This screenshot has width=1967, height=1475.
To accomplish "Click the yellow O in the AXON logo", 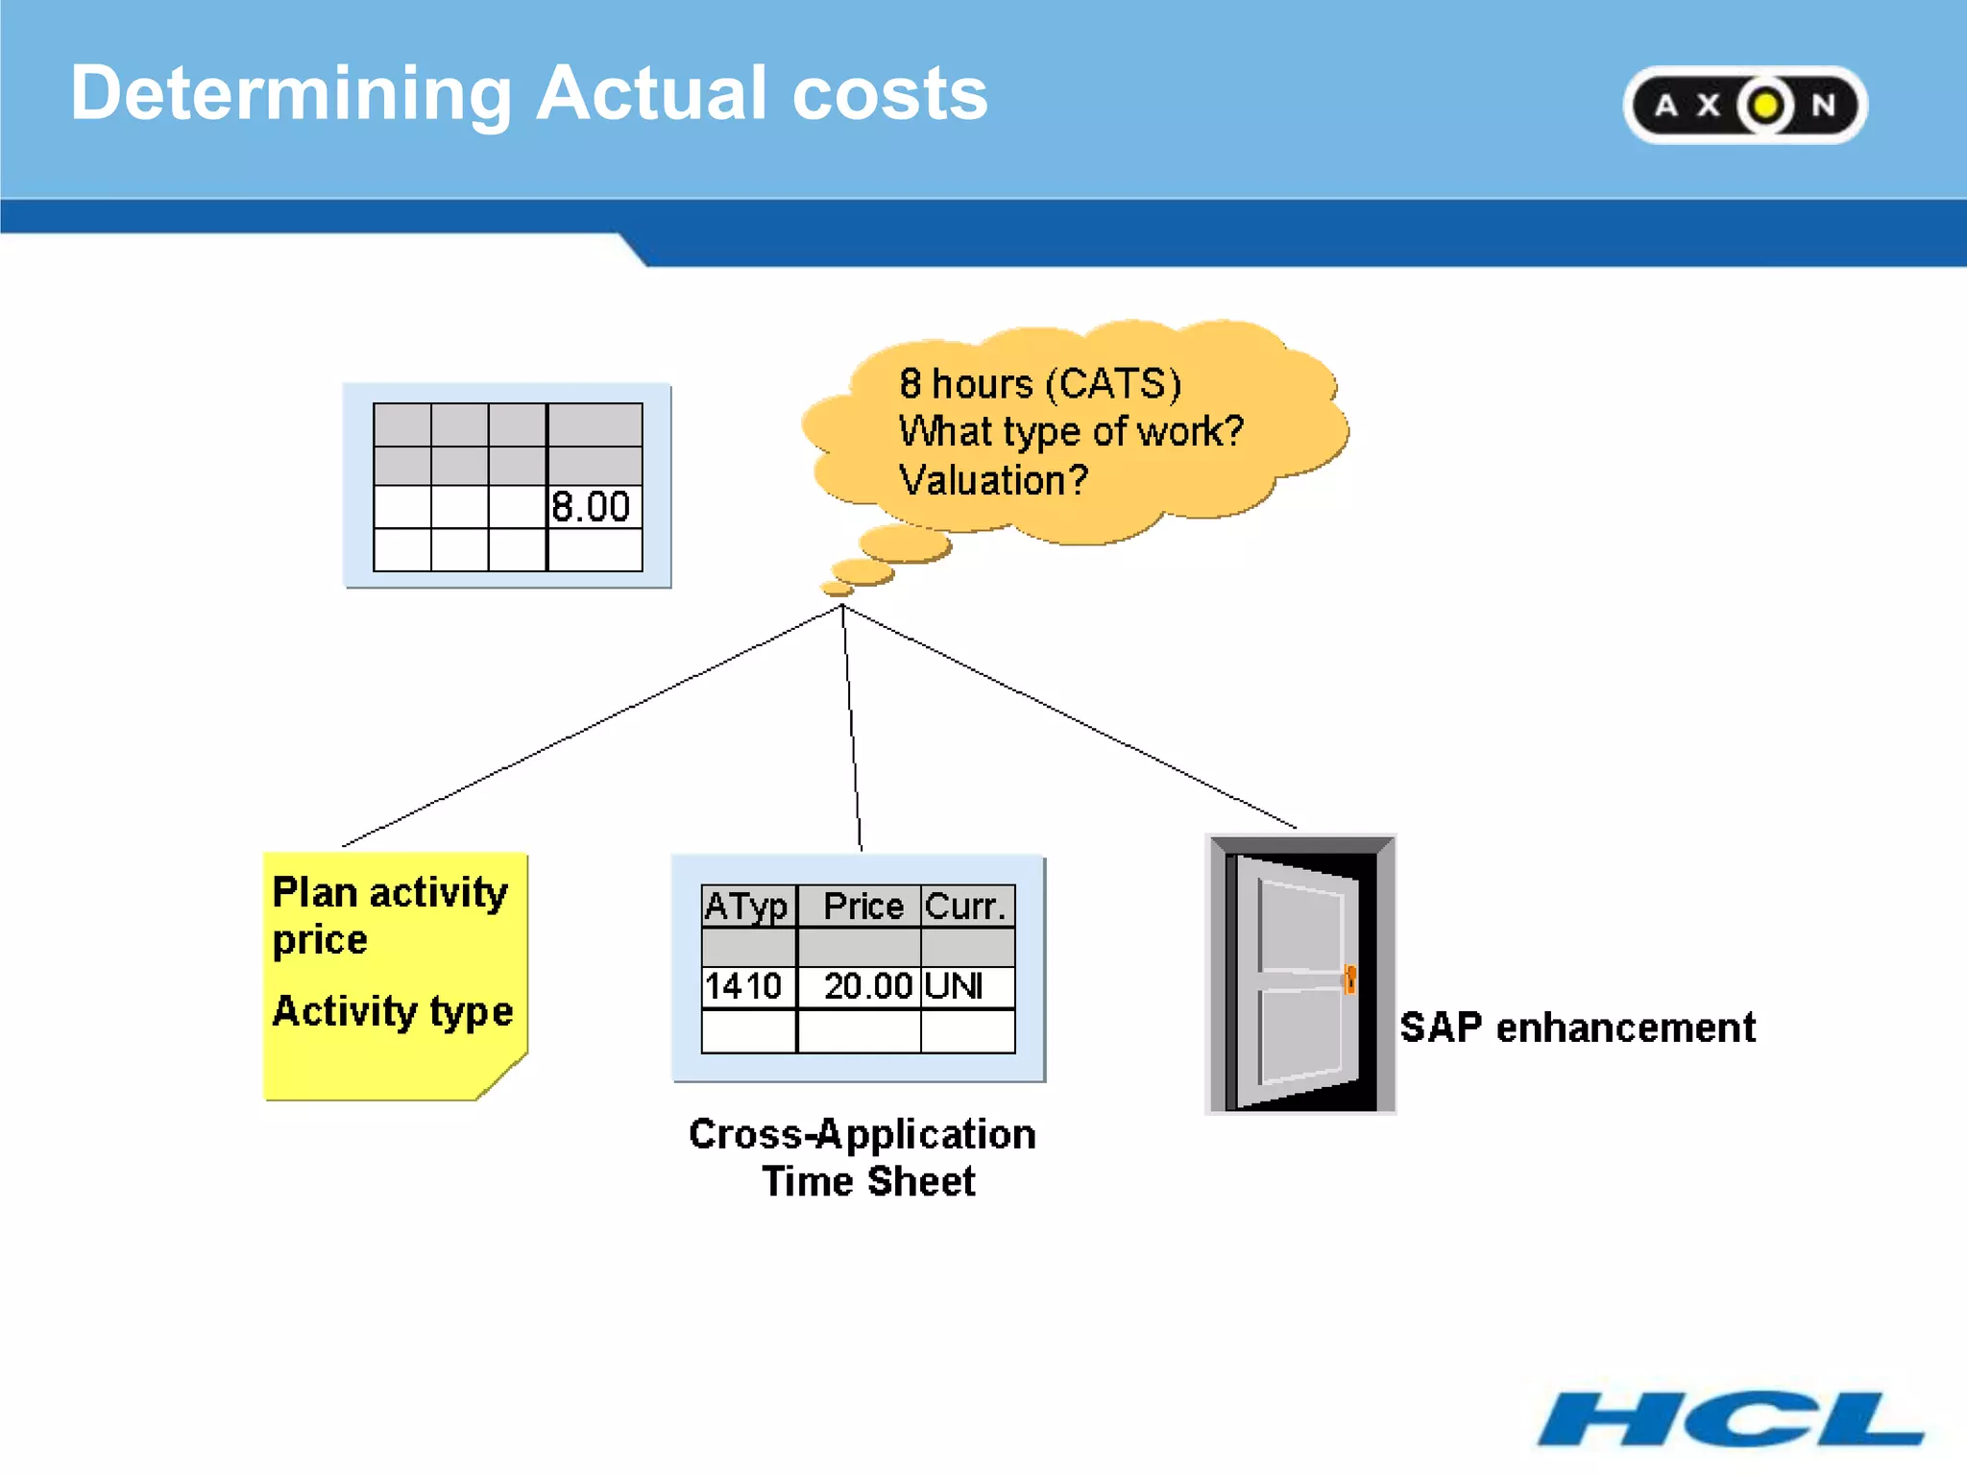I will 1764,106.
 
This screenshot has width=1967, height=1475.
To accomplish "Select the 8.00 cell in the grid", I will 593,507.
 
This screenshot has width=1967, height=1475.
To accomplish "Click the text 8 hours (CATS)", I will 1039,384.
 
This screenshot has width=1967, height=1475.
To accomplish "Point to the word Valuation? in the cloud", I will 993,480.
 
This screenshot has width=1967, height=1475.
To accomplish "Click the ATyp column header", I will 747,907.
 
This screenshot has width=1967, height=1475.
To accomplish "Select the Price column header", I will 862,907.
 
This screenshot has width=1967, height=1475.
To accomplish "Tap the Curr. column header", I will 966,907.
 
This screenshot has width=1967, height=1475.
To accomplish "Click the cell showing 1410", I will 744,986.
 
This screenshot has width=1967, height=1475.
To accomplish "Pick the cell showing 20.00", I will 866,986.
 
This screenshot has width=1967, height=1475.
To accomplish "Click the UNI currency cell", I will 955,986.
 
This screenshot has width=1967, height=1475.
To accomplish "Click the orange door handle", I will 1349,979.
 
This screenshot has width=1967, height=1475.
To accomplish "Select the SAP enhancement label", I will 1577,1028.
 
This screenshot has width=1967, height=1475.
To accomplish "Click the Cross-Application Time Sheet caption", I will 862,1157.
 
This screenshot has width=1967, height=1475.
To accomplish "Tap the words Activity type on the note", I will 392,1011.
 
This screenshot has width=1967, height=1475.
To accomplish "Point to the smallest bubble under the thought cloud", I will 836,588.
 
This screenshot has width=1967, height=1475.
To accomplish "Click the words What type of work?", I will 1070,432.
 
